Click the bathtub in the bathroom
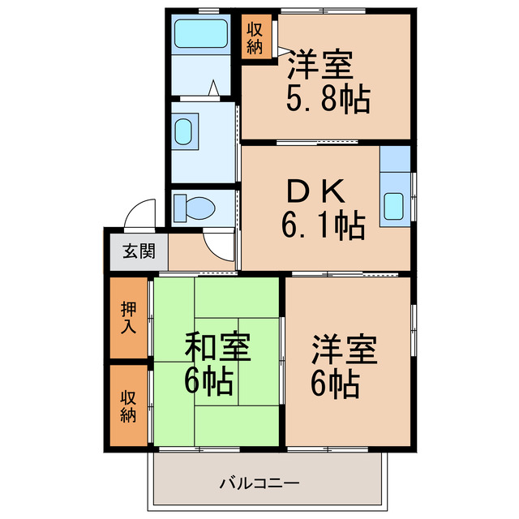coord(202,34)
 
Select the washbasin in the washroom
coord(186,131)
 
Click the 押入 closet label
coord(128,318)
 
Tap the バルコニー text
coord(259,484)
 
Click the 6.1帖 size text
coord(324,223)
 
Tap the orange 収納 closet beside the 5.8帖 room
coord(255,36)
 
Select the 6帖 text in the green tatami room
coord(208,380)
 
